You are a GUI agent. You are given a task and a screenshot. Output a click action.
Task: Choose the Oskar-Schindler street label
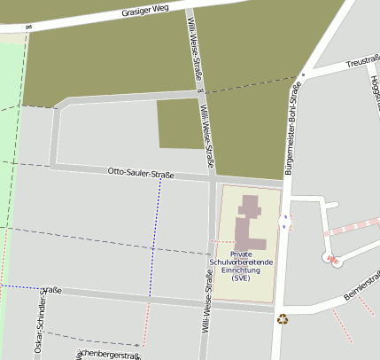click(39, 324)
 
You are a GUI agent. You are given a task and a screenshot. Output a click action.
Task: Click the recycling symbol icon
click(283, 319)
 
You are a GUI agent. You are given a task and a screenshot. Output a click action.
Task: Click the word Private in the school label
click(241, 254)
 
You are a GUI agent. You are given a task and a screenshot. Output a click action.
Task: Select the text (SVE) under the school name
click(241, 278)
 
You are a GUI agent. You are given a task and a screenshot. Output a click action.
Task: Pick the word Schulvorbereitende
click(241, 262)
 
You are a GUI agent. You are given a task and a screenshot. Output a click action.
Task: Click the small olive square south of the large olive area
click(178, 123)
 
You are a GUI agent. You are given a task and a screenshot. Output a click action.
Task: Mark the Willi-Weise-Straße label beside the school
click(207, 301)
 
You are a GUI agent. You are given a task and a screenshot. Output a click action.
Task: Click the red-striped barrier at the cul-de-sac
click(333, 260)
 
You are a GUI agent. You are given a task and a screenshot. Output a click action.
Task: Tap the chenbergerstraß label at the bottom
click(108, 355)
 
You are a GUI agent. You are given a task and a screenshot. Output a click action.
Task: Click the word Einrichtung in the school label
click(241, 270)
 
